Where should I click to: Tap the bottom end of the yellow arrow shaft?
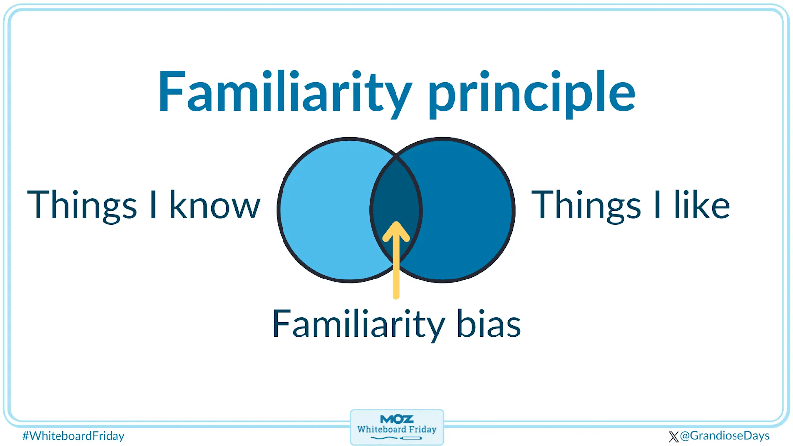click(x=396, y=297)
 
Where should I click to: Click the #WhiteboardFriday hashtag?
click(x=74, y=436)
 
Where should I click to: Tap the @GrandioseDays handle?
click(x=725, y=436)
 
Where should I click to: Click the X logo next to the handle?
click(x=674, y=437)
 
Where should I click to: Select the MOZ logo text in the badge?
click(x=396, y=419)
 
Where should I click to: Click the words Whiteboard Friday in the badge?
click(x=396, y=429)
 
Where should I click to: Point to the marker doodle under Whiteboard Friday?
click(x=396, y=438)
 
